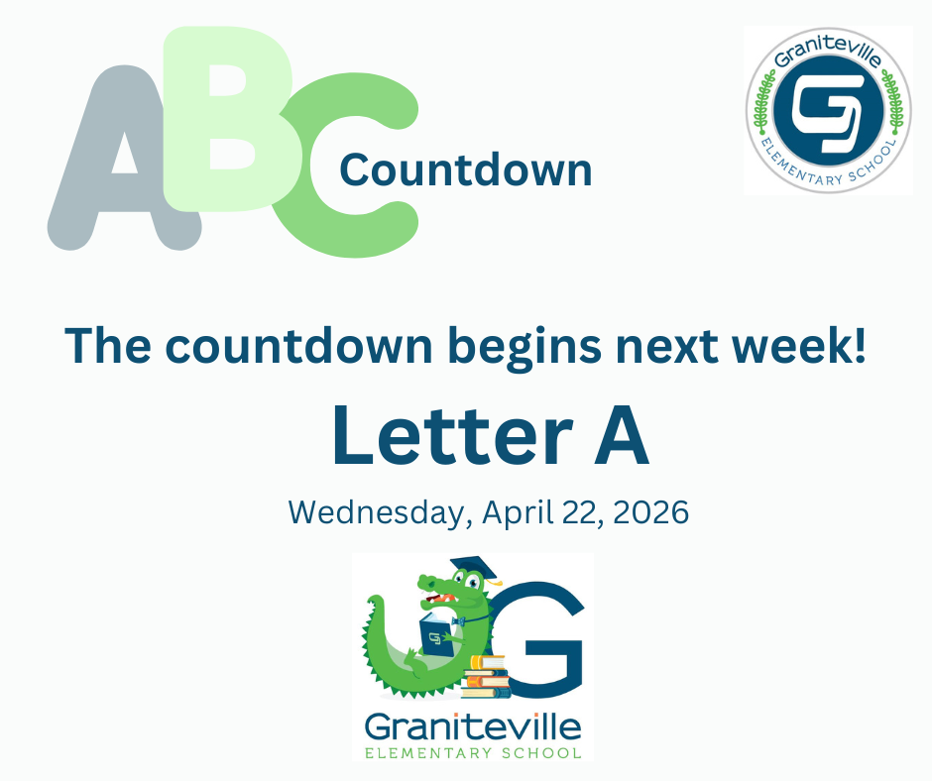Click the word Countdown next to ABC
point(465,169)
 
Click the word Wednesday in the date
point(378,512)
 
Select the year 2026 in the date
point(650,512)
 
